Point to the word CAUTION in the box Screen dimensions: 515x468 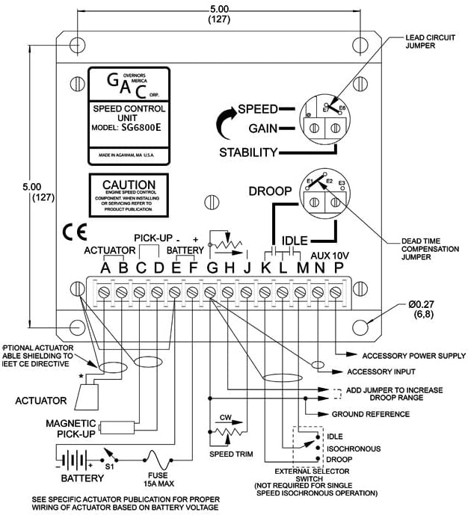pyautogui.click(x=129, y=185)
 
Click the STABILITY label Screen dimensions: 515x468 pyautogui.click(x=247, y=152)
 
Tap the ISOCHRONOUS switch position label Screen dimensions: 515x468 pyautogui.click(x=354, y=448)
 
